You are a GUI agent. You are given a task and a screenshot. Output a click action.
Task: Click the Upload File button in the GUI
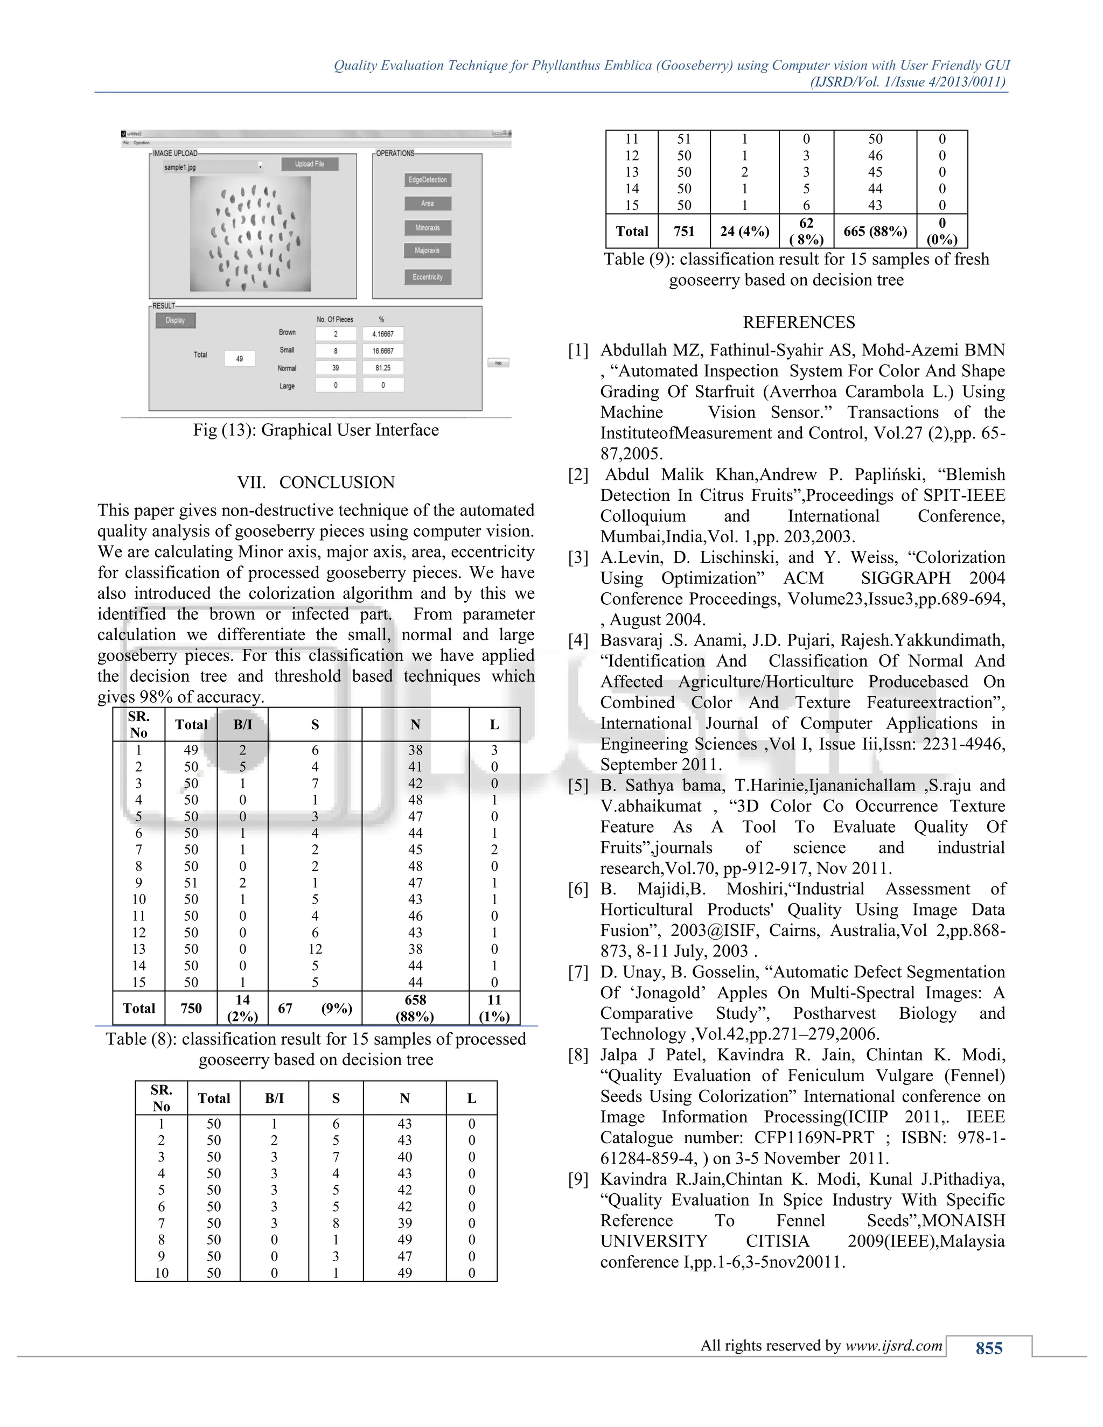coord(309,164)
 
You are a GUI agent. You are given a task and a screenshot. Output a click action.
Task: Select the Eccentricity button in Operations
coord(427,277)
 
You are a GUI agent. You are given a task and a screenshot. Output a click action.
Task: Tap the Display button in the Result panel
coord(175,320)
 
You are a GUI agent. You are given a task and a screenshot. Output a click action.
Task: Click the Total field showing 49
coord(239,359)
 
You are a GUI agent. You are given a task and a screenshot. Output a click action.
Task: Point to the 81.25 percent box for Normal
coord(383,368)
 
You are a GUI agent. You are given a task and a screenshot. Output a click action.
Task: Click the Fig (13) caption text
coord(316,430)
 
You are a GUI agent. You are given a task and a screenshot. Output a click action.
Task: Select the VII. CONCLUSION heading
coord(316,482)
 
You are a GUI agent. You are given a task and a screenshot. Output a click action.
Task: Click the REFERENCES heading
coord(799,322)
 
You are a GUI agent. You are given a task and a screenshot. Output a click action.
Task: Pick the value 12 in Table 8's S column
coord(315,949)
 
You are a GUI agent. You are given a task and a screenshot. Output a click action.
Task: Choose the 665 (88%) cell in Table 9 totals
coord(875,232)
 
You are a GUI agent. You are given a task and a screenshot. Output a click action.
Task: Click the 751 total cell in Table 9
coord(683,232)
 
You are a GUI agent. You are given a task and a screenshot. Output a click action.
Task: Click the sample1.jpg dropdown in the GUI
coord(212,167)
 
